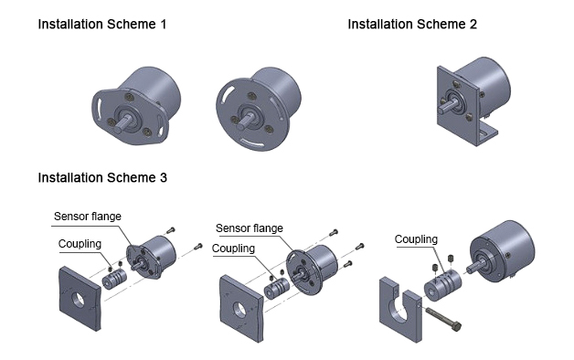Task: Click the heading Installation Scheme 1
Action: (x=102, y=24)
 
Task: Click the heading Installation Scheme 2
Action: (x=412, y=24)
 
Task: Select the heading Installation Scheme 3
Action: (x=102, y=177)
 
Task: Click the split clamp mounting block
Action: (x=400, y=310)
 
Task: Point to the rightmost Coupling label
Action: (x=416, y=239)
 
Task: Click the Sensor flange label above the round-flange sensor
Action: (x=250, y=228)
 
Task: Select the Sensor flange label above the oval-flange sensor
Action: (x=88, y=217)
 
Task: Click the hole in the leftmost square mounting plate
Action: (x=79, y=300)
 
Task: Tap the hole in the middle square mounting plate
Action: (x=239, y=310)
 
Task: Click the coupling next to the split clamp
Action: (x=442, y=285)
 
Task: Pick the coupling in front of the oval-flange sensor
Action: (x=114, y=280)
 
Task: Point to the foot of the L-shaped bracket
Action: (x=488, y=134)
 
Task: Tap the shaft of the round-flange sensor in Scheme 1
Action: (x=245, y=122)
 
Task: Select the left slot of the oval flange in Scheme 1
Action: (x=98, y=107)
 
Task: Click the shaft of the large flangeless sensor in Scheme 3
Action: (x=475, y=266)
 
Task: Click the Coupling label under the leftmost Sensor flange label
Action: (x=80, y=244)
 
